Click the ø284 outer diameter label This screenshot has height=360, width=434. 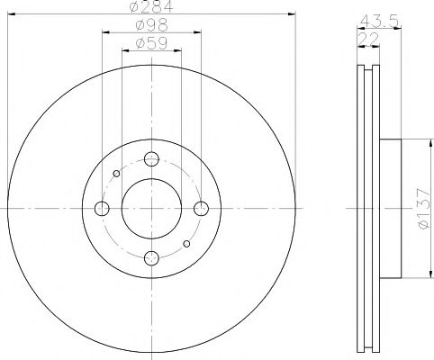click(x=150, y=8)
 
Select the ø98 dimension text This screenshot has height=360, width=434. click(x=150, y=25)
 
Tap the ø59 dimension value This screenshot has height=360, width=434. click(x=150, y=42)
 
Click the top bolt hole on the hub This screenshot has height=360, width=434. click(x=151, y=159)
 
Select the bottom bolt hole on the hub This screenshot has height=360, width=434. click(x=151, y=259)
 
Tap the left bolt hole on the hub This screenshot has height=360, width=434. click(x=102, y=209)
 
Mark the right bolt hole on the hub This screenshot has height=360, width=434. click(x=202, y=209)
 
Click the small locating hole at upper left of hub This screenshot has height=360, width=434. click(x=116, y=175)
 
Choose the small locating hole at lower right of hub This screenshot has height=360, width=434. click(x=186, y=244)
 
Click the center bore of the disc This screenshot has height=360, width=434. click(x=151, y=209)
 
